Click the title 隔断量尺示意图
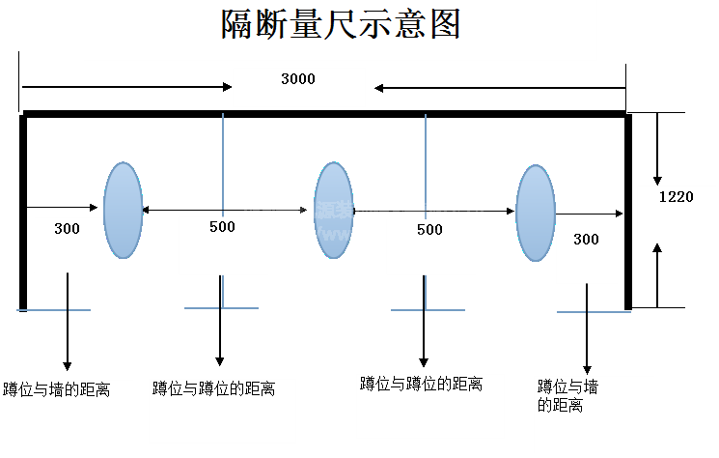point(341,24)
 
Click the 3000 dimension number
point(297,79)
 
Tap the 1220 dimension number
point(676,196)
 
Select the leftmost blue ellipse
point(123,210)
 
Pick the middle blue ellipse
point(333,210)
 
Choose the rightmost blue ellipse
point(535,213)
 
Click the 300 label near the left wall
point(67,229)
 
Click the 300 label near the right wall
point(586,239)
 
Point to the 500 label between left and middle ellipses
point(222,227)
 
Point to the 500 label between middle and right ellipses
point(429,229)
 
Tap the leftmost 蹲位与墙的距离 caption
point(56,390)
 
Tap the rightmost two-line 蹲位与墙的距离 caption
point(567,396)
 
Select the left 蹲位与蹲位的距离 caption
point(213,388)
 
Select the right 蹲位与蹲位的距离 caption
point(421,384)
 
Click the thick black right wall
point(628,210)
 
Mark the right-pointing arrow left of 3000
point(126,87)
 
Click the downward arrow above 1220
point(657,149)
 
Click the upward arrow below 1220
point(657,274)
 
